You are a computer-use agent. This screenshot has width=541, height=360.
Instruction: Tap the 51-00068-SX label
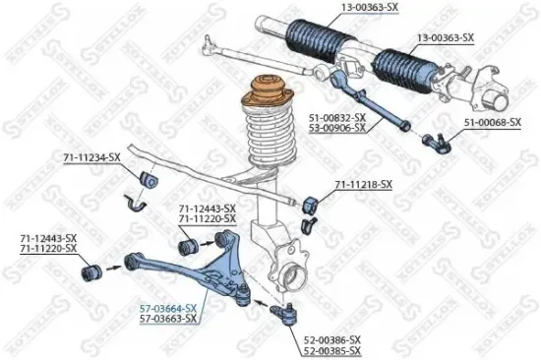tap(487, 123)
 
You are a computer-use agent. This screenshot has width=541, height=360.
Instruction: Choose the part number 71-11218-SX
tap(363, 184)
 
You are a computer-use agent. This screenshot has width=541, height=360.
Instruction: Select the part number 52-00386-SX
tap(332, 337)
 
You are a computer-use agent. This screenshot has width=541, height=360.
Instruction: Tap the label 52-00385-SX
tap(332, 350)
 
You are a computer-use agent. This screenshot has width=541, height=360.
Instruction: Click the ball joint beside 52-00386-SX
tap(279, 315)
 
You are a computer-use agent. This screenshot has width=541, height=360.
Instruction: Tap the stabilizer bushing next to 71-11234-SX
tap(150, 181)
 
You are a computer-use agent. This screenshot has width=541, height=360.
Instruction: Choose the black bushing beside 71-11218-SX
tap(313, 201)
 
